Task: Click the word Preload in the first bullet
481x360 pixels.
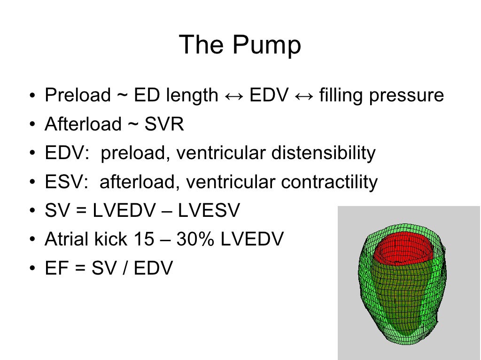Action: coord(78,96)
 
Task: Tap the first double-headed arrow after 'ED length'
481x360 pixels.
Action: coord(234,96)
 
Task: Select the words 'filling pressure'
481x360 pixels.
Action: coord(381,96)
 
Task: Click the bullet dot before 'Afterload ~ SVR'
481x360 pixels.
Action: coord(32,125)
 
